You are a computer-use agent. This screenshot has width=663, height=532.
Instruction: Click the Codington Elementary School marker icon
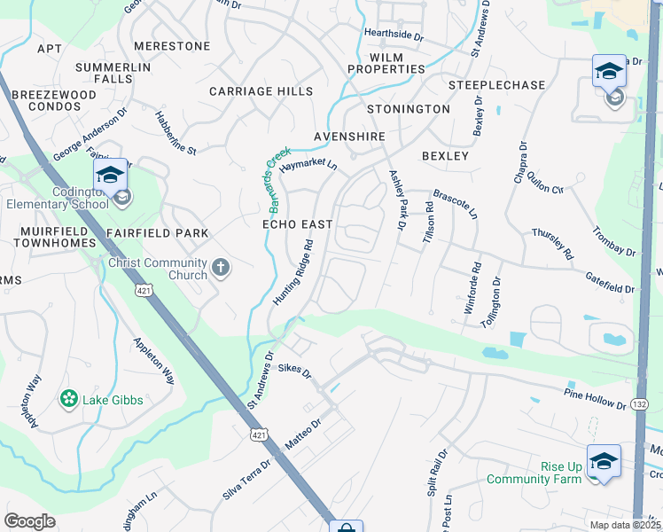[x=111, y=175]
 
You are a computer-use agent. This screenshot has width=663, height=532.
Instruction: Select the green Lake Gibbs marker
[x=68, y=400]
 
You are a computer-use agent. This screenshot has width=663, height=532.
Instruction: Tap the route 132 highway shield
[x=640, y=404]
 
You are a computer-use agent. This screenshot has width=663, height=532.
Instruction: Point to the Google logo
[x=29, y=521]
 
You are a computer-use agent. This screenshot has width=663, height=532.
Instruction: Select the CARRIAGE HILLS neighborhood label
[x=261, y=91]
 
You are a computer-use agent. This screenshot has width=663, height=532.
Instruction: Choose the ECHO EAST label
[x=297, y=225]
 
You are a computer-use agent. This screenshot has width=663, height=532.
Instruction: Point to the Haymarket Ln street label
[x=308, y=165]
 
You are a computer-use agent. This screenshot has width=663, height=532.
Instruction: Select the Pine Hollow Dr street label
[x=595, y=397]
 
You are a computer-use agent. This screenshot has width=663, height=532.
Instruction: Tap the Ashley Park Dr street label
[x=396, y=201]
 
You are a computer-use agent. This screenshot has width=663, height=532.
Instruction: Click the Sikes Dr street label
[x=295, y=370]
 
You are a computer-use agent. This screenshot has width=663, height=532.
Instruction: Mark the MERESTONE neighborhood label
[x=172, y=46]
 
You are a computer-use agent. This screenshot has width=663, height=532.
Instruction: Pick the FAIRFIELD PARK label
[x=157, y=233]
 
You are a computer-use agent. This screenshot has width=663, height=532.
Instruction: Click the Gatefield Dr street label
[x=609, y=283]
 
